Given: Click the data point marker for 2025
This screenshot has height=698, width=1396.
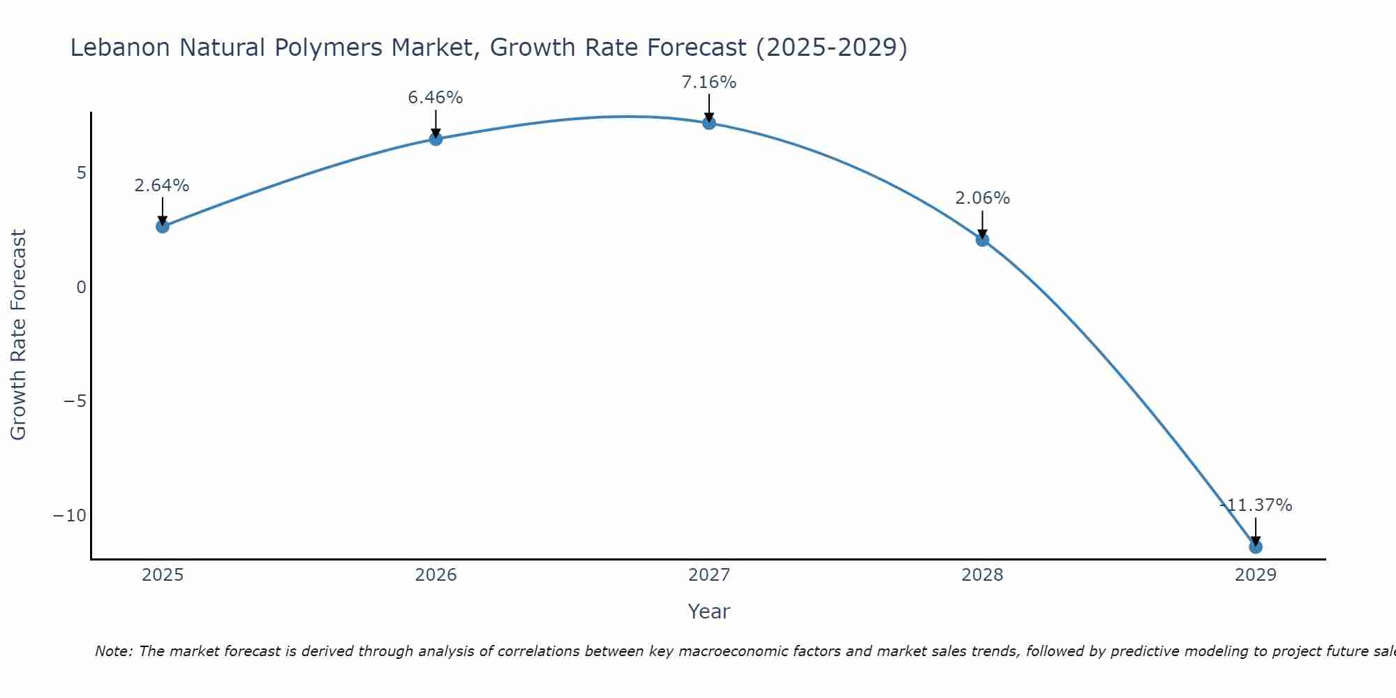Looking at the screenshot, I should [x=163, y=226].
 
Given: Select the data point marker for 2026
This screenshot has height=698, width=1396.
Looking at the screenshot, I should [x=436, y=139].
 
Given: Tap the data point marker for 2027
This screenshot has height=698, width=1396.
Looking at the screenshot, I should [x=709, y=123].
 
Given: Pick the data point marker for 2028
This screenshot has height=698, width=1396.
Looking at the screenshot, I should [x=982, y=239].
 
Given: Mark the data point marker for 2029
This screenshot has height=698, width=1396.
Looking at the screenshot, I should [x=1256, y=547].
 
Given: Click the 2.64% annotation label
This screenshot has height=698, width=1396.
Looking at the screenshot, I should [x=162, y=186].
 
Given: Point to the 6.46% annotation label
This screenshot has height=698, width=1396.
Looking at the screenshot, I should [x=436, y=98].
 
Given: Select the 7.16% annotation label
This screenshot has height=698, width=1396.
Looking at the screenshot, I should [x=709, y=82].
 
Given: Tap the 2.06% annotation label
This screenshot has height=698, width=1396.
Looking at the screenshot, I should [x=982, y=198].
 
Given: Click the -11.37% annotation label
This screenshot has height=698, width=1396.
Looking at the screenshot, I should [x=1256, y=505].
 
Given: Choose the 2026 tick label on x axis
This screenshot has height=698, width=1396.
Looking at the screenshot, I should [x=436, y=575].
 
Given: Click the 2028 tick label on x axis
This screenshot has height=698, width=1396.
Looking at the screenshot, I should [x=982, y=575].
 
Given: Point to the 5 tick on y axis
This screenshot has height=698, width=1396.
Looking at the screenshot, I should [x=82, y=172].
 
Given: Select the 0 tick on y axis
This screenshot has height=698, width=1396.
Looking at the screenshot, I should [x=82, y=287].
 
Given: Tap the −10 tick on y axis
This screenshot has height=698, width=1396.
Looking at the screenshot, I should [x=70, y=516].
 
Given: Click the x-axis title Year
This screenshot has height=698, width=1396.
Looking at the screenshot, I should [x=709, y=611].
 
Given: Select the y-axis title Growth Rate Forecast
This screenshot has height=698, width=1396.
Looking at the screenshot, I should [x=19, y=335].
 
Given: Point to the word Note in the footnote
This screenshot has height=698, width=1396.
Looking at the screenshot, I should [x=112, y=651].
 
